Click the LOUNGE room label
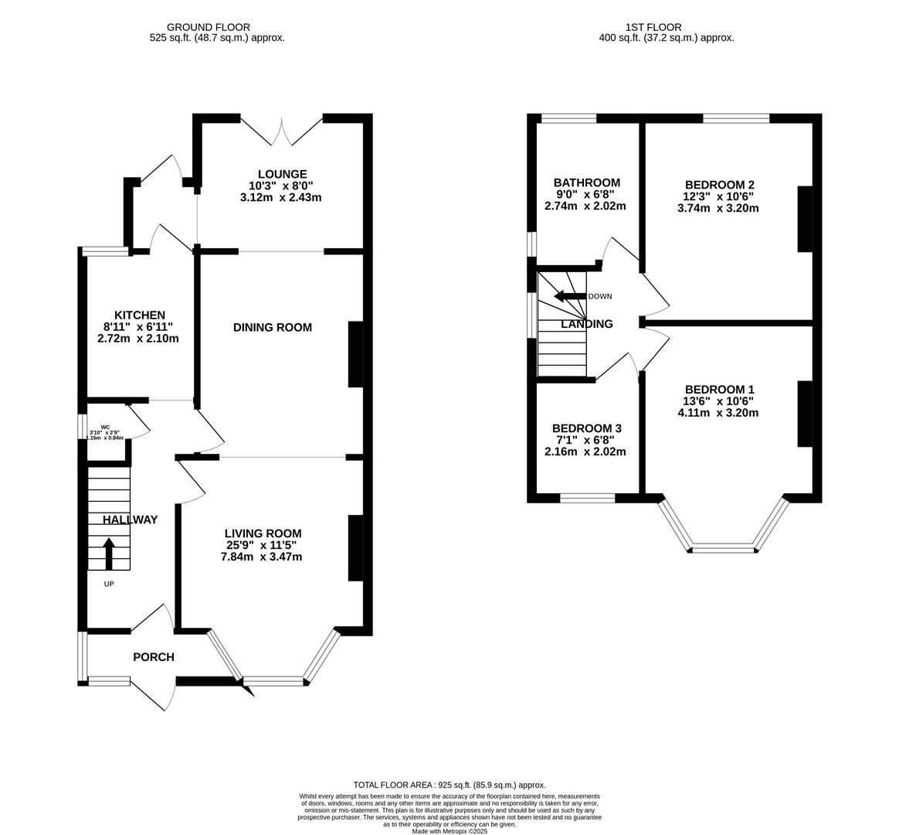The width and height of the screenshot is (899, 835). pyautogui.click(x=282, y=174)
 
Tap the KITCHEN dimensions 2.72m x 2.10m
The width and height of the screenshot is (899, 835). pyautogui.click(x=138, y=338)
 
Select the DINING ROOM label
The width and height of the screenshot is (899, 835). pyautogui.click(x=273, y=327)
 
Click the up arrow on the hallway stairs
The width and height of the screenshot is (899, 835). pyautogui.click(x=108, y=553)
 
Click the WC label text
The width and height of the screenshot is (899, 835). pyautogui.click(x=105, y=426)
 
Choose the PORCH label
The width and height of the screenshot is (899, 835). pyautogui.click(x=154, y=657)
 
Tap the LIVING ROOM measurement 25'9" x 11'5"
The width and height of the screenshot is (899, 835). pyautogui.click(x=263, y=545)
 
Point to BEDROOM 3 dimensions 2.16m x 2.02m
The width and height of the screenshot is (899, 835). pyautogui.click(x=586, y=452)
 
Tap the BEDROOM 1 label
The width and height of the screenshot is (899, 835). pyautogui.click(x=718, y=389)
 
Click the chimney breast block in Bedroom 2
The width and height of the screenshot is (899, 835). pyautogui.click(x=805, y=218)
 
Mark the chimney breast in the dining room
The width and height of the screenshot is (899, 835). pyautogui.click(x=355, y=354)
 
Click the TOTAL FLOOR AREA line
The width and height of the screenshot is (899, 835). pyautogui.click(x=449, y=784)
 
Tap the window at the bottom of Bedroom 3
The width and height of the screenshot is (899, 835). pyautogui.click(x=587, y=498)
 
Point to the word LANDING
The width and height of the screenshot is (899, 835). pyautogui.click(x=587, y=324)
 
